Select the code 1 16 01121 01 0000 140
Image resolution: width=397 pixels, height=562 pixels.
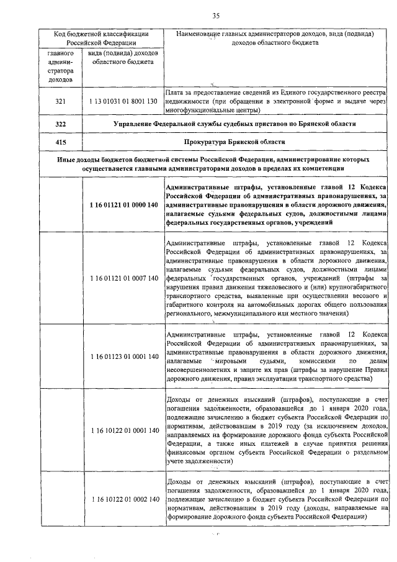(123, 205)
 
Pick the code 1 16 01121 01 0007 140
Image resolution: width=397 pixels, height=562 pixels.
(123, 278)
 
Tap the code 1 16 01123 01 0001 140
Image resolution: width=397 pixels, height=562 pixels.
(123, 356)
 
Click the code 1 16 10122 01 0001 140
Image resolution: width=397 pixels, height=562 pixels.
(123, 430)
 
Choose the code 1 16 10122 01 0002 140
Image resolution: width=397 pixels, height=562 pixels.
(123, 499)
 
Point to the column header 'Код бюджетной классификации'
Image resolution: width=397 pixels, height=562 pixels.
(99, 34)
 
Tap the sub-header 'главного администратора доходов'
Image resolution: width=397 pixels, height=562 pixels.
(60, 66)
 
